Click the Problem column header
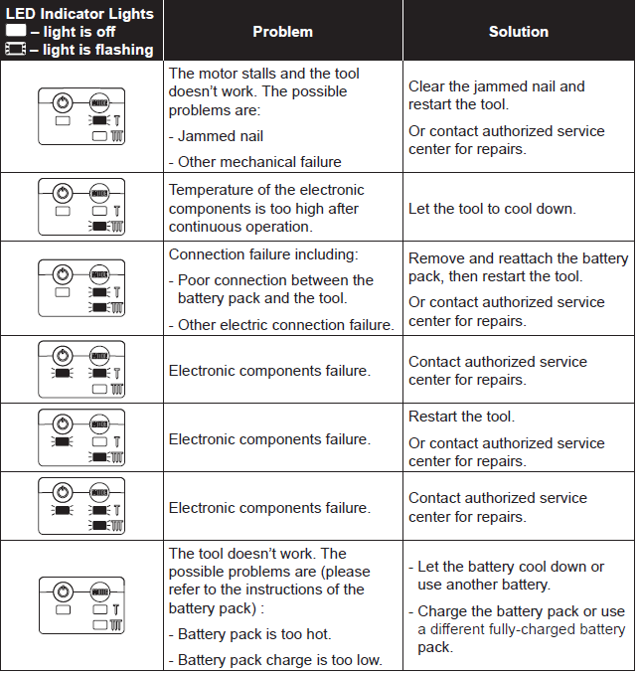tap(282, 32)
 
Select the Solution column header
tap(518, 32)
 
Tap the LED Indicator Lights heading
tap(80, 14)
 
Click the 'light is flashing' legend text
tap(91, 50)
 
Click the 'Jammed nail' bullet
tap(216, 136)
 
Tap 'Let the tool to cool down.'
tap(492, 209)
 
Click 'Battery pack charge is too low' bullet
tap(274, 659)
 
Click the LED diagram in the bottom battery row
tap(81, 605)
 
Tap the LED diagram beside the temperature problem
tap(81, 207)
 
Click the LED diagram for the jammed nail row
tap(81, 116)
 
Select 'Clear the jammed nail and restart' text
tap(496, 95)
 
